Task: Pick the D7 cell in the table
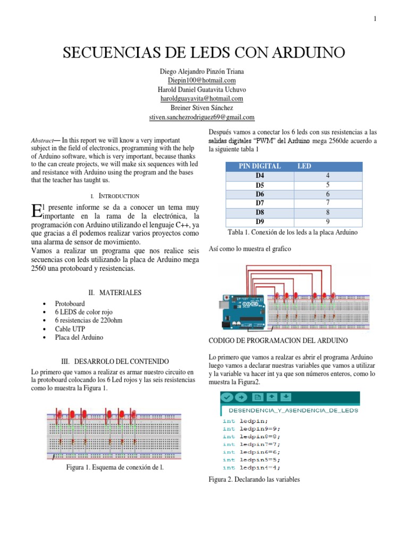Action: click(260, 203)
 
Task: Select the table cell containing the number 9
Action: click(328, 222)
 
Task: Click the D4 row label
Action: click(260, 175)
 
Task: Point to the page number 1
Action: click(375, 19)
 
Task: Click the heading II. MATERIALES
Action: click(115, 292)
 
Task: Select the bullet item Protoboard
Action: click(70, 303)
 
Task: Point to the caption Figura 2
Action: click(254, 480)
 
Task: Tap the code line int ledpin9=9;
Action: click(251, 428)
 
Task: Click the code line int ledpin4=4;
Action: click(251, 467)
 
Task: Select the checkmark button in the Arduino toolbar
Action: click(227, 397)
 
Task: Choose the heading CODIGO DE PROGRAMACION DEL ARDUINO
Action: click(278, 340)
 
